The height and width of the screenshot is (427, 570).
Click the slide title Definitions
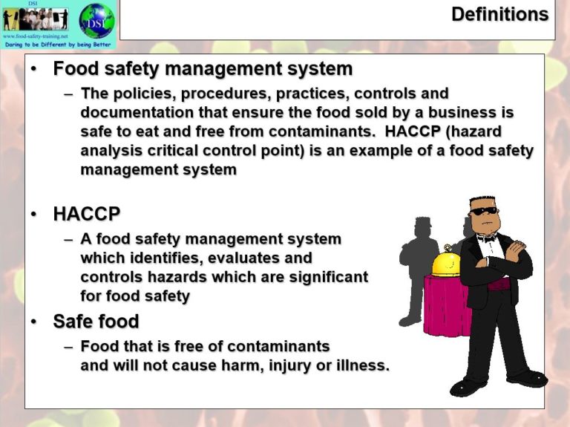[499, 14]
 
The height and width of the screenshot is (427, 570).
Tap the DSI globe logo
[96, 20]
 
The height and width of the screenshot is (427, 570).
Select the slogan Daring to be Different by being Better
[58, 45]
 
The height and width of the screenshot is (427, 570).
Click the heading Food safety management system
[203, 69]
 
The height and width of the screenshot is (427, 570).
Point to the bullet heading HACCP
[86, 215]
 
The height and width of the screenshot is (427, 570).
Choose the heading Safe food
[96, 322]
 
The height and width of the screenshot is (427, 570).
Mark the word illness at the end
[361, 365]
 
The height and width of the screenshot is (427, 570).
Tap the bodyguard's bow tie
[486, 238]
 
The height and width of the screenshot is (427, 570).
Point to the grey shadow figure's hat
[423, 224]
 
